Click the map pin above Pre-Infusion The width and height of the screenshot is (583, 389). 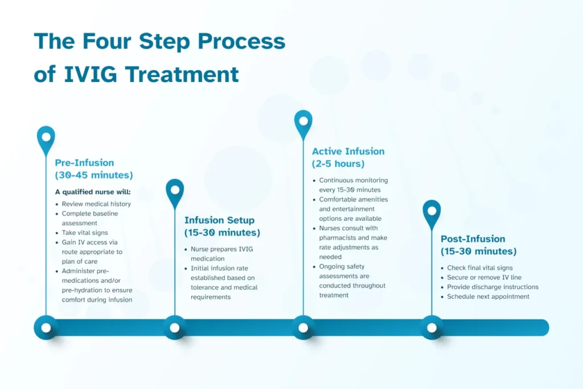pyautogui.click(x=46, y=139)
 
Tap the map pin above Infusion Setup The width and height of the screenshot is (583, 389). pyautogui.click(x=175, y=192)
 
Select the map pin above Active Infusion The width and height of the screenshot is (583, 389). pyautogui.click(x=303, y=123)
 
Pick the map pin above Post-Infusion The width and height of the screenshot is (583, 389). pyautogui.click(x=432, y=212)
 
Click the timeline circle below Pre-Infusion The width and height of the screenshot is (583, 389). pyautogui.click(x=46, y=328)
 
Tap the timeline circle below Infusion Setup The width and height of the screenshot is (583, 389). pyautogui.click(x=175, y=328)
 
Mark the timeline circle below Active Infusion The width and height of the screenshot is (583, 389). pyautogui.click(x=303, y=328)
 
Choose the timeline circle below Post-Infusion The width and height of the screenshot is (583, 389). pyautogui.click(x=432, y=328)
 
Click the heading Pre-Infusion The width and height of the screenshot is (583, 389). pyautogui.click(x=84, y=162)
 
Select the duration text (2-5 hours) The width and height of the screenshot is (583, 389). pyautogui.click(x=338, y=164)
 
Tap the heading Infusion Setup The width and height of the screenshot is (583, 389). pyautogui.click(x=219, y=220)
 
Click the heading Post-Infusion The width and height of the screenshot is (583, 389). pyautogui.click(x=473, y=239)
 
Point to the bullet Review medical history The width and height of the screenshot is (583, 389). pyautogui.click(x=96, y=204)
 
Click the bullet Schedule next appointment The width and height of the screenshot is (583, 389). pyautogui.click(x=488, y=297)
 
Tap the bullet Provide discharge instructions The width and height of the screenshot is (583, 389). pyautogui.click(x=492, y=287)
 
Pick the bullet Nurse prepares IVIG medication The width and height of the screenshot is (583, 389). pyautogui.click(x=220, y=249)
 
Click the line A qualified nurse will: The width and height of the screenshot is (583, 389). pyautogui.click(x=93, y=192)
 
